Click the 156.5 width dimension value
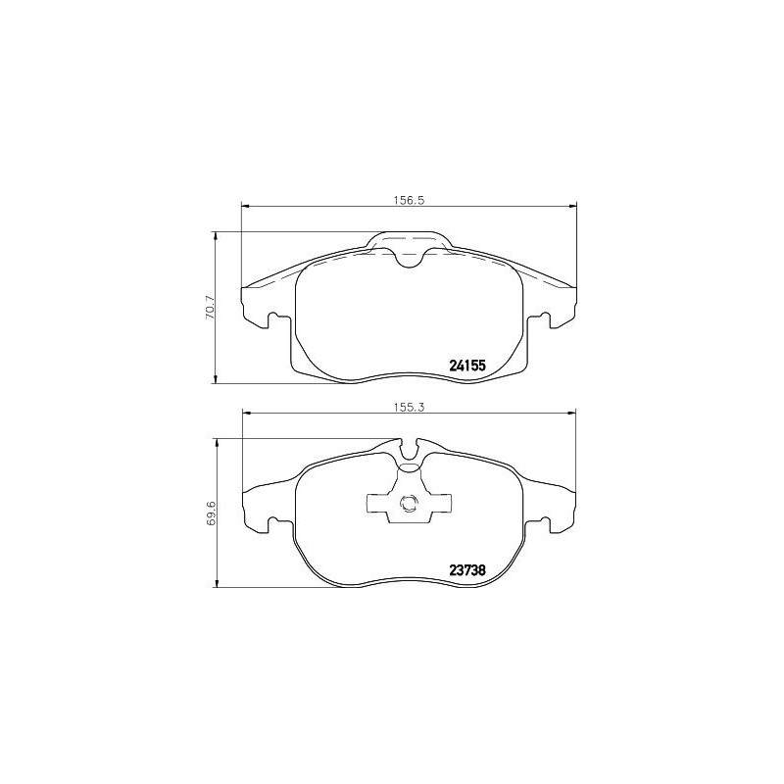coord(408,198)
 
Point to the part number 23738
coord(467,570)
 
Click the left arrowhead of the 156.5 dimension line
coord(246,206)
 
